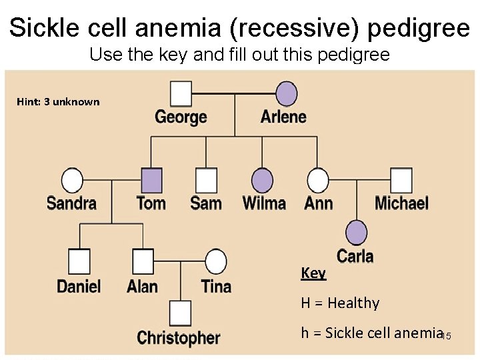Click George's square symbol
pos(180,94)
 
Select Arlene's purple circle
pos(287,94)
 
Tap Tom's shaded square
pos(151,180)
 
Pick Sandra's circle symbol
pos(72,180)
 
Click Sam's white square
pos(206,180)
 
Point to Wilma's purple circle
pos(263,180)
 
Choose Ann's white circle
pos(318,180)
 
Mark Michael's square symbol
pos(401,180)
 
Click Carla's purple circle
pos(356,232)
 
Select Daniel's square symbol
pos(79,261)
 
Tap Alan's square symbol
pos(143,261)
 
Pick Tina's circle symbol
pos(215,261)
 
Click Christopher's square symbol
pos(180,313)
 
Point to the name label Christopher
pos(178,338)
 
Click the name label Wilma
pos(264,203)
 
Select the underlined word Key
pos(313,273)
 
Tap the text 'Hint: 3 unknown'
pos(58,102)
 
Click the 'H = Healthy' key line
pos(340,303)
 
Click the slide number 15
pos(447,336)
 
